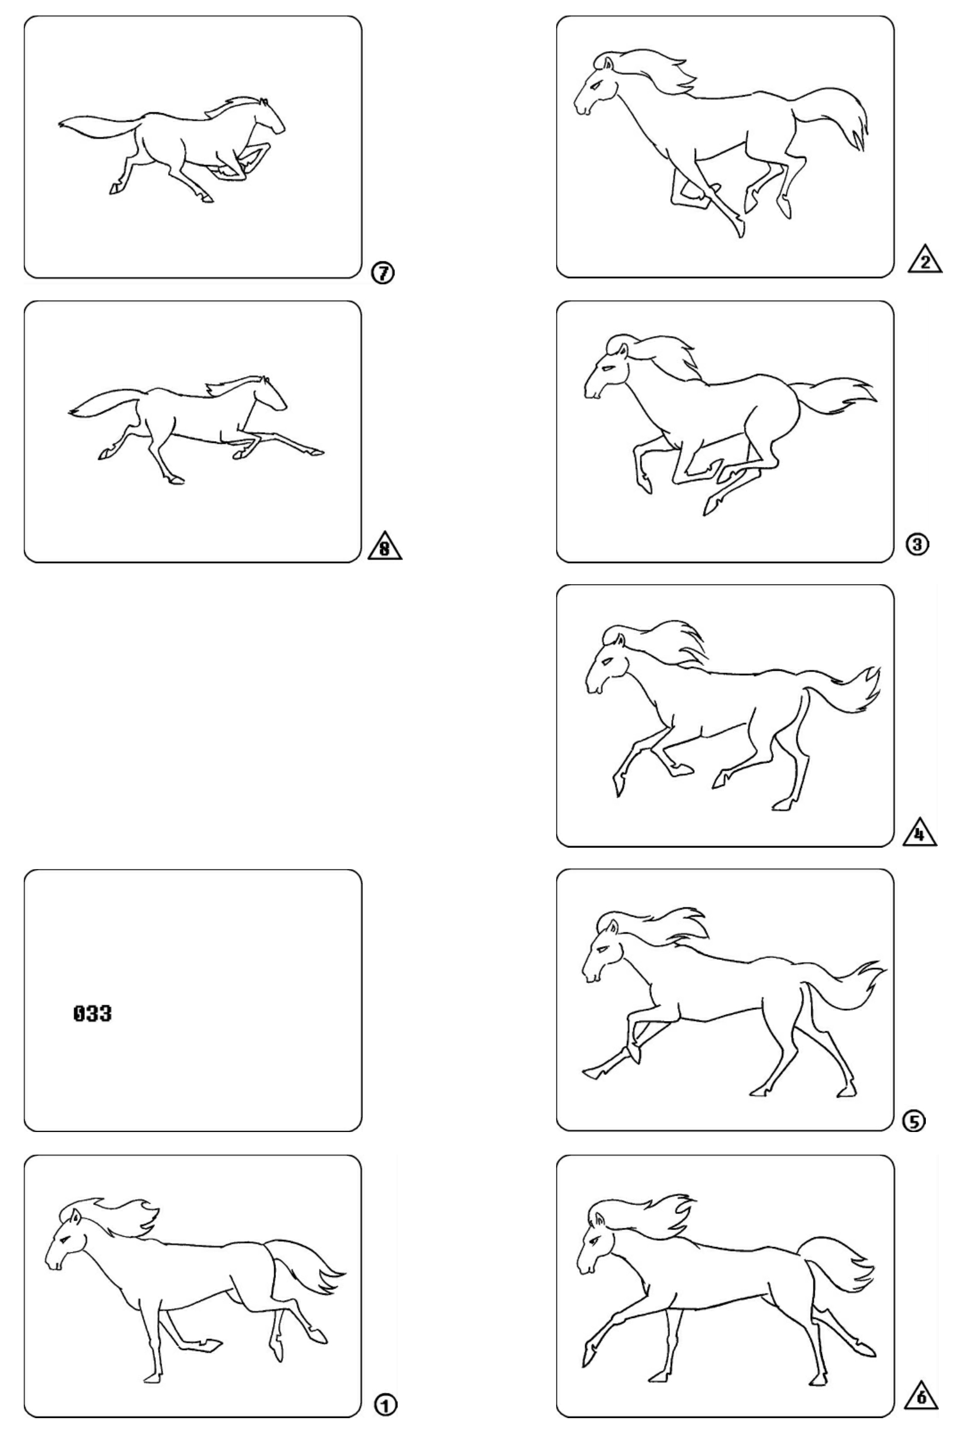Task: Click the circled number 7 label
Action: click(383, 272)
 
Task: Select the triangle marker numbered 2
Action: click(925, 261)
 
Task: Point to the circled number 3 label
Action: click(917, 544)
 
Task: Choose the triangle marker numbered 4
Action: click(920, 832)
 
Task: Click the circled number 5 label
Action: click(914, 1121)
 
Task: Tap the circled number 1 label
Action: click(386, 1405)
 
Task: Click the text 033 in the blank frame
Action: click(93, 1013)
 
